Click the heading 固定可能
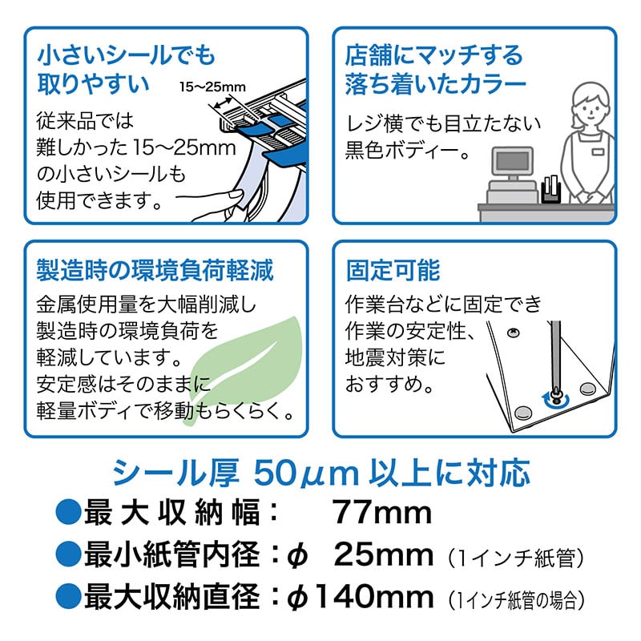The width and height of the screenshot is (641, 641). click(x=393, y=270)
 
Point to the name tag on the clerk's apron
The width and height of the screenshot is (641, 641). click(x=598, y=152)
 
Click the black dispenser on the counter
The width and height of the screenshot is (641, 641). click(x=550, y=189)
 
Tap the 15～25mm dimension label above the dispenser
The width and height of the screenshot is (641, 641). click(x=212, y=87)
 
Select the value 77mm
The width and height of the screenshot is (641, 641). click(x=381, y=513)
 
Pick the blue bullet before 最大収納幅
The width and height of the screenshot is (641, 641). click(x=68, y=512)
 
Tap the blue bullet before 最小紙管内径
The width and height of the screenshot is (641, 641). click(x=68, y=554)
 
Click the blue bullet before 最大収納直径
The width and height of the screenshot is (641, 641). click(x=68, y=596)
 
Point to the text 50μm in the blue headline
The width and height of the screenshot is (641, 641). click(x=306, y=474)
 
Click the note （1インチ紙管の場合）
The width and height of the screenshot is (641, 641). click(x=516, y=600)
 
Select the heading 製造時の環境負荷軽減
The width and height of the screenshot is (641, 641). click(x=155, y=270)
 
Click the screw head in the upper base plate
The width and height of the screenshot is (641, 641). click(x=513, y=333)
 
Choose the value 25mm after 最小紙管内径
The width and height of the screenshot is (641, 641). click(x=384, y=554)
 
